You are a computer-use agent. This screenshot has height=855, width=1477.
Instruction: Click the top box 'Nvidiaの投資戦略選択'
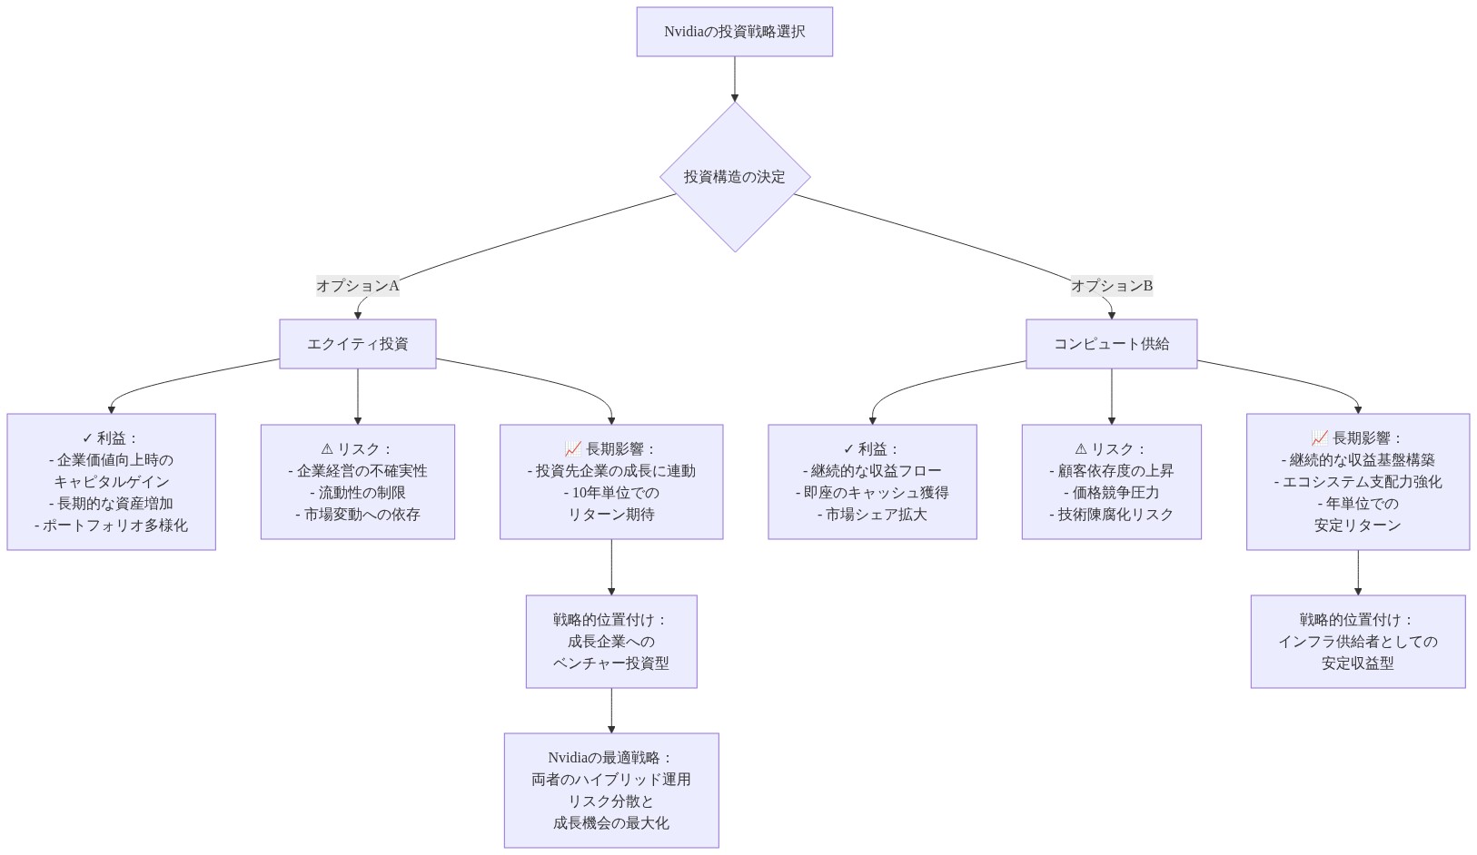click(734, 32)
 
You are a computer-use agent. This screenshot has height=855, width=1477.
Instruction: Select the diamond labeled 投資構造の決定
click(735, 176)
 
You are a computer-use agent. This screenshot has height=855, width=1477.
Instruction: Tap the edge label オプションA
click(357, 286)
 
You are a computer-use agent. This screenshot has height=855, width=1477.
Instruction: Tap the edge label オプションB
click(1112, 286)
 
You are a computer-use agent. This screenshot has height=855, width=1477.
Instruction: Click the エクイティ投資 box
click(357, 344)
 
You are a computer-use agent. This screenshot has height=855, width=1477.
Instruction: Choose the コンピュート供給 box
click(1111, 344)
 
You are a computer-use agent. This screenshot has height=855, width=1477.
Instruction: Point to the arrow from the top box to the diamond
click(735, 79)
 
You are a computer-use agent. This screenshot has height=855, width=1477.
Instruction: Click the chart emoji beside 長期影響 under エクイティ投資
click(572, 449)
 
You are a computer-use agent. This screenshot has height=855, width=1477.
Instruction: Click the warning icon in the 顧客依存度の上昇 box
click(1081, 449)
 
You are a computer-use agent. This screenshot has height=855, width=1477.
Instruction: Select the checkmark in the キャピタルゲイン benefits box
click(87, 438)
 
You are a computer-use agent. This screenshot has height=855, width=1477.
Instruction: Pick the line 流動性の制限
click(358, 493)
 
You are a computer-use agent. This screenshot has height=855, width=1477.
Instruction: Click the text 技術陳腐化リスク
click(1112, 515)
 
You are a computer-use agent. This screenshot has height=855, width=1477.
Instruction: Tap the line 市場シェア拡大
click(872, 515)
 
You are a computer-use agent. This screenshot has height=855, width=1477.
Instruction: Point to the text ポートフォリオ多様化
click(112, 526)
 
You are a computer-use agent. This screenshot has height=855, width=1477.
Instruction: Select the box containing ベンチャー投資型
click(611, 642)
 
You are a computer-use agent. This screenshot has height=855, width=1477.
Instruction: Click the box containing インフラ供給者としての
click(1358, 642)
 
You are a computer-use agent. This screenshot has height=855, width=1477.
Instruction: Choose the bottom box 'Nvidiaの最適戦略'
click(611, 791)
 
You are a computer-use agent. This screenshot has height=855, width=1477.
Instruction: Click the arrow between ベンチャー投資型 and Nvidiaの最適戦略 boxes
click(611, 711)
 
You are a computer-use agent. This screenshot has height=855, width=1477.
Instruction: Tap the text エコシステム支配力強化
click(1358, 482)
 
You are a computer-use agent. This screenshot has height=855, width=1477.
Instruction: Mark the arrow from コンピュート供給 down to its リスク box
click(1112, 397)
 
